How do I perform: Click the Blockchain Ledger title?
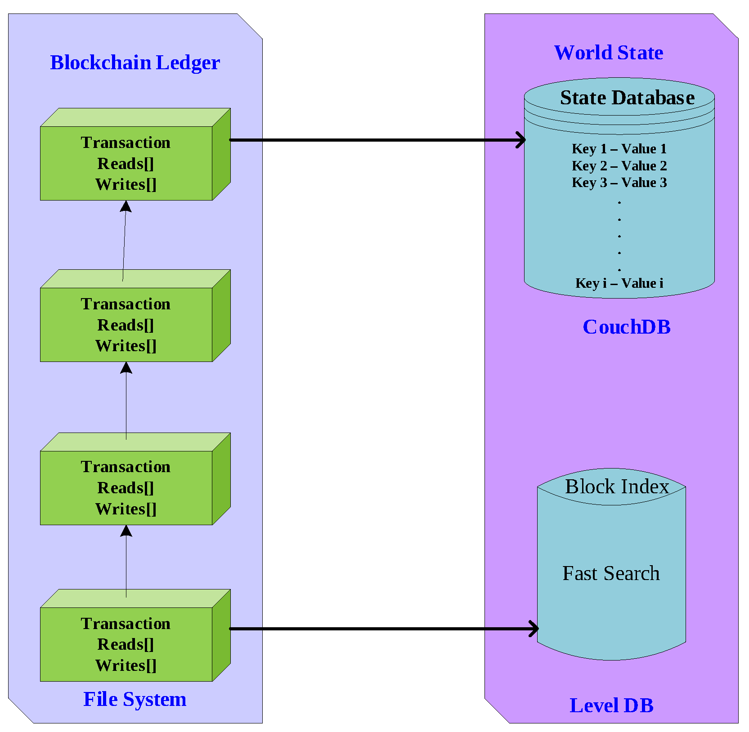pyautogui.click(x=135, y=62)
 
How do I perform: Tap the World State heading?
pyautogui.click(x=608, y=53)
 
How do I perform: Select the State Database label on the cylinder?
pyautogui.click(x=627, y=98)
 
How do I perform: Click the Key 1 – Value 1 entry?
pyautogui.click(x=619, y=149)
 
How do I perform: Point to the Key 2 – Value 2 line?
pyautogui.click(x=619, y=166)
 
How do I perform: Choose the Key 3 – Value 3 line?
pyautogui.click(x=619, y=183)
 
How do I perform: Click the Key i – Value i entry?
pyautogui.click(x=619, y=283)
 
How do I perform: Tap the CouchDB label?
pyautogui.click(x=626, y=327)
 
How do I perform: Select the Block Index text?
pyautogui.click(x=617, y=487)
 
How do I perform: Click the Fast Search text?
pyautogui.click(x=611, y=573)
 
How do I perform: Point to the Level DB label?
pyautogui.click(x=611, y=705)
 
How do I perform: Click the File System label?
pyautogui.click(x=135, y=699)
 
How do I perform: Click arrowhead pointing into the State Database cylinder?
pyautogui.click(x=521, y=140)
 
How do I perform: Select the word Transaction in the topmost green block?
pyautogui.click(x=126, y=143)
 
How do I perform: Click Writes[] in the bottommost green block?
pyautogui.click(x=126, y=665)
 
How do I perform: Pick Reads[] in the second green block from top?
pyautogui.click(x=126, y=325)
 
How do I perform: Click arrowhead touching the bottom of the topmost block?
pyautogui.click(x=126, y=206)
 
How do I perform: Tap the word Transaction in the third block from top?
pyautogui.click(x=126, y=467)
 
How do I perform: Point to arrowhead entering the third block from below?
pyautogui.click(x=126, y=531)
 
